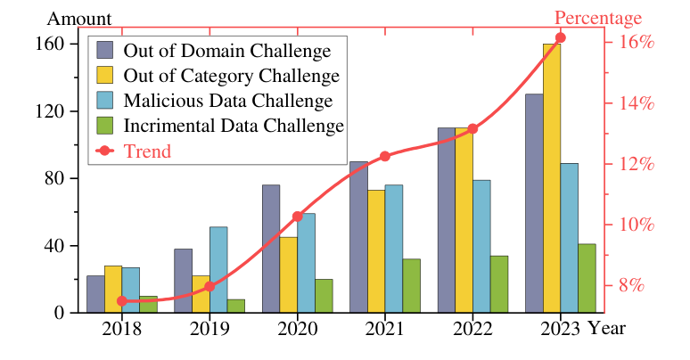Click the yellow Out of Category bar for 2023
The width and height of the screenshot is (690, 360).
coord(552,178)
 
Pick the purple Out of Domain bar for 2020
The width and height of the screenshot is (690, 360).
coord(271,249)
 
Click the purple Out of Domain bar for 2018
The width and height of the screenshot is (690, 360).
coord(95,294)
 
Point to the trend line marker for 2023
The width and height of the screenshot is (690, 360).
coord(560,37)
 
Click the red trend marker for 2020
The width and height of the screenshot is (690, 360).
coord(298,217)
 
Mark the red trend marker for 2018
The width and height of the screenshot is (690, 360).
coord(122,301)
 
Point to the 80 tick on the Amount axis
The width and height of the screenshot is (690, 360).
coord(56,178)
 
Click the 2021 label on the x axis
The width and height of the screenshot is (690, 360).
coord(385,329)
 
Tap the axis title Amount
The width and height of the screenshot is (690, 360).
coord(79,19)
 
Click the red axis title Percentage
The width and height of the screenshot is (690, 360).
coord(597,19)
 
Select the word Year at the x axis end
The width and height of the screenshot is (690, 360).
coord(606,329)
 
